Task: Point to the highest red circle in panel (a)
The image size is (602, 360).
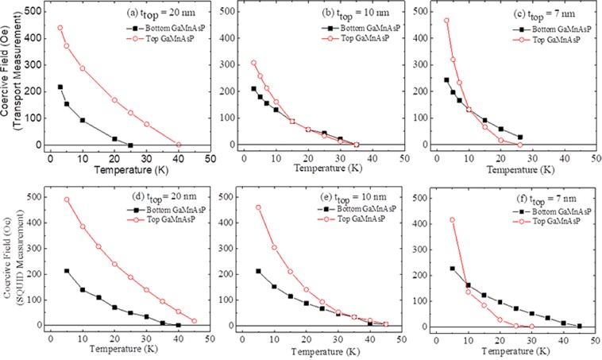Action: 60,28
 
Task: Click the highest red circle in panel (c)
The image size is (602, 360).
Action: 446,21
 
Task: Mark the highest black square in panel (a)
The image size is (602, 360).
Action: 60,87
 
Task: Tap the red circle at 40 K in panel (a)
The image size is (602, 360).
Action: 179,145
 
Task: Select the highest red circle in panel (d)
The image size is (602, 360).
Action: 67,199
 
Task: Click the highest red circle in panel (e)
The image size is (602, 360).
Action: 258,207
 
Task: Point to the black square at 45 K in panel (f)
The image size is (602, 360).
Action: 579,326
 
